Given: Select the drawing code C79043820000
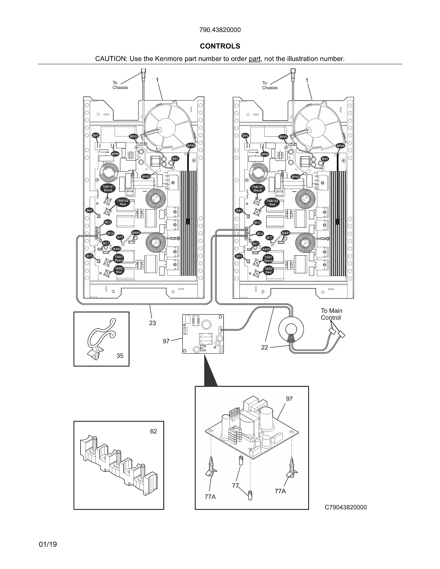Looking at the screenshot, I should pos(345,507).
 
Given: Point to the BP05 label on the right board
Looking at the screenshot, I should pos(340,146).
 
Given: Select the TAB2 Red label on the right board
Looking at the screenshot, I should pos(268,270).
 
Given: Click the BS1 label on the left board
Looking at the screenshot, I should pos(175,159).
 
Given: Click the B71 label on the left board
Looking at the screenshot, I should pos(89,256).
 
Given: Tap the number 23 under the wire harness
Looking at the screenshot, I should pos(153,323).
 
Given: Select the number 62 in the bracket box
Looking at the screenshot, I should pos(154,431).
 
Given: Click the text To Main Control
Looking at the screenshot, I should pos(331,314).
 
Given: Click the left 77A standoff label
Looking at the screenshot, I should pos(210,497).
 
